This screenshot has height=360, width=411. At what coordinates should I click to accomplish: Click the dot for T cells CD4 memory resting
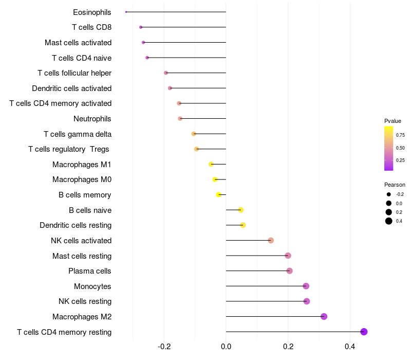pos(364,332)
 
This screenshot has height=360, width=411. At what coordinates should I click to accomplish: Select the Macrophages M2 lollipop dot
pos(324,316)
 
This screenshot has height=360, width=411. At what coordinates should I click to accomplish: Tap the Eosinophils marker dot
pos(126,12)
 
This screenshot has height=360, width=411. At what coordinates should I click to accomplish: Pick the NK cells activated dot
pos(271,240)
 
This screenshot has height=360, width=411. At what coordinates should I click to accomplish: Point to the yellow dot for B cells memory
pos(219,195)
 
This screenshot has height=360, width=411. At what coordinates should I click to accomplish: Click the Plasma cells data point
pos(289,271)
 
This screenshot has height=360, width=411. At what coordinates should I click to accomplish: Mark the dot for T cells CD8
pos(141,27)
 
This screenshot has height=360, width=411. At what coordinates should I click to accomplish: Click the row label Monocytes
pos(92,286)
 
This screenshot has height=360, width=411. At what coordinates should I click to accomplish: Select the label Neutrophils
pos(92,119)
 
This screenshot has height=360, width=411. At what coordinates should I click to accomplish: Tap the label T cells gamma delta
pos(78,134)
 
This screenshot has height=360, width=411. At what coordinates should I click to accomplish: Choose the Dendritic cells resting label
pos(76,225)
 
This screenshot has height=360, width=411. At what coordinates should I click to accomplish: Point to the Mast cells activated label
pos(78,42)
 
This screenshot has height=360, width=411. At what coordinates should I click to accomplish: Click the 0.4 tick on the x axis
pos(350,347)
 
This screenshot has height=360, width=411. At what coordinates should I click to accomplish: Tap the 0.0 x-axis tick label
pos(226,347)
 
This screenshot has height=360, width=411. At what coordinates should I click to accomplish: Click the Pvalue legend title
pos(393,121)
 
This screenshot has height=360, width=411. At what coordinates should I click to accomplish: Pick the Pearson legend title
pos(395,185)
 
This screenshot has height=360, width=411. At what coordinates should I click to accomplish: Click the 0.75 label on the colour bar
pos(400,135)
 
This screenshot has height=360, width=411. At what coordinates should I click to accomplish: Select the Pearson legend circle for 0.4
pos(389,221)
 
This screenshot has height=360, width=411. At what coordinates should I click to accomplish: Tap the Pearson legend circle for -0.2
pos(389,194)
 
